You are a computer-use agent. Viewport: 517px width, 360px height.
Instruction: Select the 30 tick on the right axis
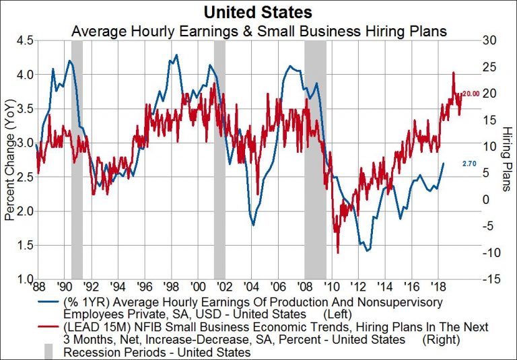point(489,40)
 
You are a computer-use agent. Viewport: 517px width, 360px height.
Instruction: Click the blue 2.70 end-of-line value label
point(469,164)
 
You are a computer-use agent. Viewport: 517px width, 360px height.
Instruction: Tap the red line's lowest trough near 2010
point(337,252)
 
